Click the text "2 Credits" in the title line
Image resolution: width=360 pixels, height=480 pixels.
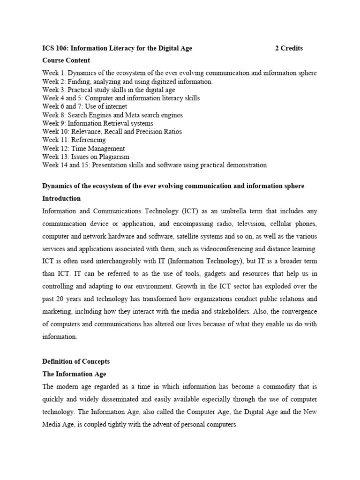[289, 48]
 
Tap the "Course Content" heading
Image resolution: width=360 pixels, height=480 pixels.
[66, 60]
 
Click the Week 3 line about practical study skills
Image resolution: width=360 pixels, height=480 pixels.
[109, 90]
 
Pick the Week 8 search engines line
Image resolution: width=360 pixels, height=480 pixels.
[112, 115]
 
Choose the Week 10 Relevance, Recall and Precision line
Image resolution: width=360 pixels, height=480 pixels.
[112, 132]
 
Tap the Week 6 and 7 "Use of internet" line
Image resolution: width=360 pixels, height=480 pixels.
[84, 107]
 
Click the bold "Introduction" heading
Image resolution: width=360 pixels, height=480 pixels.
[61, 199]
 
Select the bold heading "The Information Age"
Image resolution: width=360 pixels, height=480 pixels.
[74, 374]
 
